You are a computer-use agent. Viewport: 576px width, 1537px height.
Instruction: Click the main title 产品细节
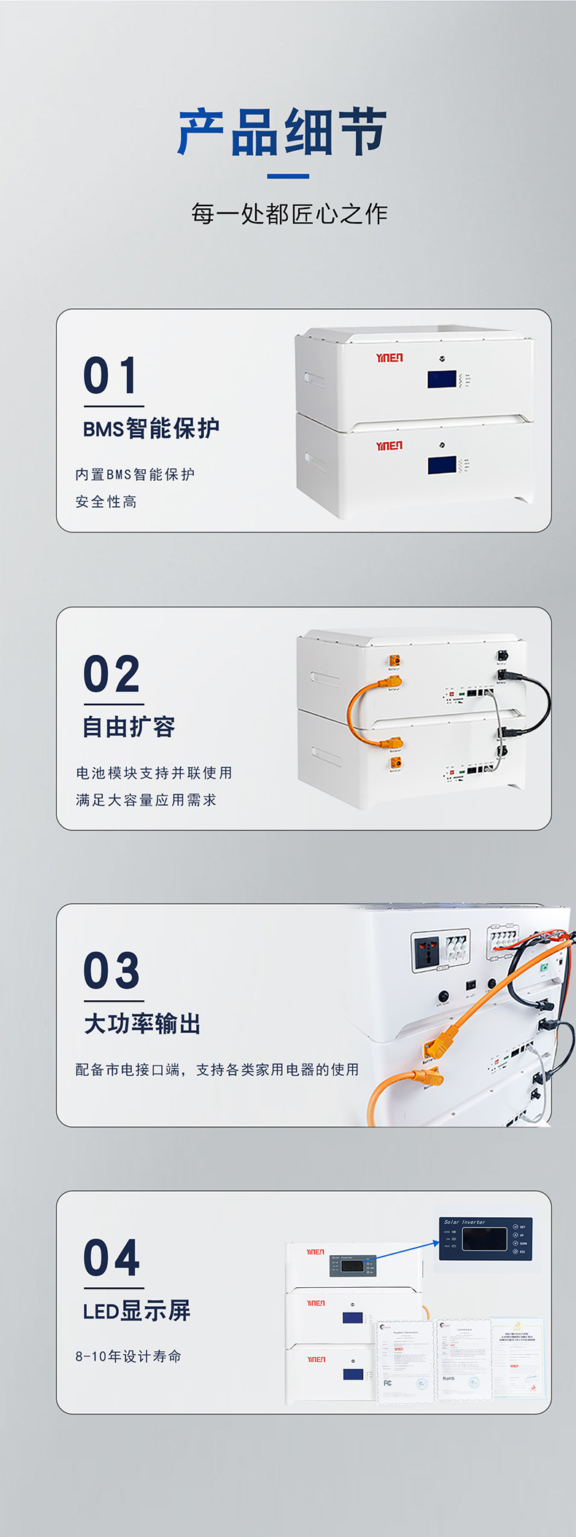(x=282, y=133)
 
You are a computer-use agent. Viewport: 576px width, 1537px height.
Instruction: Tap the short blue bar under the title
(x=288, y=176)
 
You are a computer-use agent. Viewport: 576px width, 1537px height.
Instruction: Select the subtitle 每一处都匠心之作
(x=289, y=213)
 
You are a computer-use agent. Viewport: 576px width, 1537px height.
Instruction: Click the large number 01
(x=111, y=376)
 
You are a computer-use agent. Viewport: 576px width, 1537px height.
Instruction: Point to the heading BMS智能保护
(x=151, y=428)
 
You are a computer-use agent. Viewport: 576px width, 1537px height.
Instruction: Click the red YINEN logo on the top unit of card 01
(x=389, y=358)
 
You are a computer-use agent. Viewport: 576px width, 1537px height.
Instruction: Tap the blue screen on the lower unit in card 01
(x=442, y=465)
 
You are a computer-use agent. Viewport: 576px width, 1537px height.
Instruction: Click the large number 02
(x=112, y=674)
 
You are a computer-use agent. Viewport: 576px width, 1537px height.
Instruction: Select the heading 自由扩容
(x=128, y=726)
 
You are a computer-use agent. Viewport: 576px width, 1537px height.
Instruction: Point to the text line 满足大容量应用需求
(x=146, y=800)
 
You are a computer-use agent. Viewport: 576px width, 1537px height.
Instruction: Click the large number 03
(x=112, y=971)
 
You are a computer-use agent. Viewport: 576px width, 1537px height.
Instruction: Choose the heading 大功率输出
(x=142, y=1023)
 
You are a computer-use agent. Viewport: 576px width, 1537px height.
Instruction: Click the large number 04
(x=112, y=1258)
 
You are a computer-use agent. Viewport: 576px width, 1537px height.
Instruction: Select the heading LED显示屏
(x=136, y=1311)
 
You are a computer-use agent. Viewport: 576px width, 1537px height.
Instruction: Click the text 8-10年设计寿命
(x=128, y=1356)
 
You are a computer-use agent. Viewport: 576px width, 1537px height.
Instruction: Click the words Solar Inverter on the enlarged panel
(x=464, y=1222)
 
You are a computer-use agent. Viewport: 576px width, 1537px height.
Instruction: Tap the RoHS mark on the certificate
(x=448, y=1378)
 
